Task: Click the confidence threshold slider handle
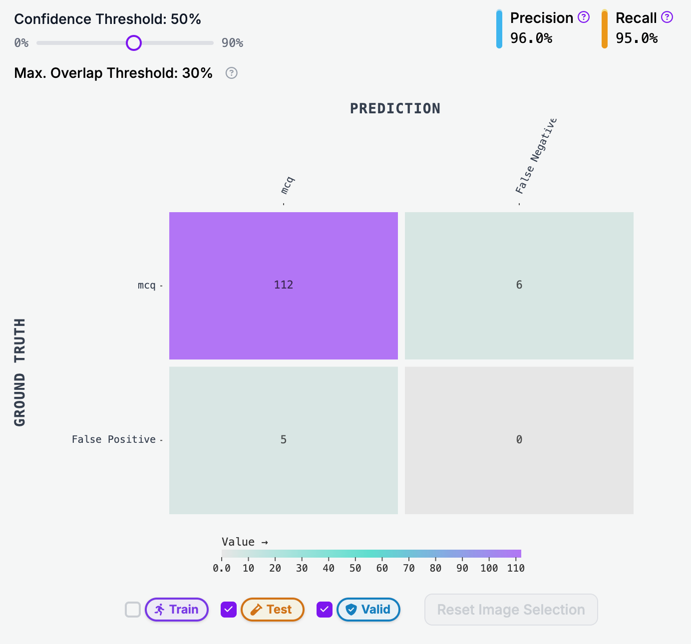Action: pyautogui.click(x=134, y=43)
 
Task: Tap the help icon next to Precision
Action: pyautogui.click(x=584, y=17)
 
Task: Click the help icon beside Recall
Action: pyautogui.click(x=667, y=17)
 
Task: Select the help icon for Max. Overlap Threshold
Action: pyautogui.click(x=231, y=73)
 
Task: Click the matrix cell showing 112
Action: pyautogui.click(x=284, y=285)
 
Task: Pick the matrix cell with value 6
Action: pyautogui.click(x=519, y=285)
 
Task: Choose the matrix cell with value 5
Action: pyautogui.click(x=284, y=440)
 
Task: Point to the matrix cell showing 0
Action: pyautogui.click(x=519, y=440)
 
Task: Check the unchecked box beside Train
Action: pyautogui.click(x=133, y=610)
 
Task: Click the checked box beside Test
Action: pyautogui.click(x=229, y=610)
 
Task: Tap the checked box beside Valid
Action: pyautogui.click(x=325, y=610)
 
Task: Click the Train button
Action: pyautogui.click(x=177, y=610)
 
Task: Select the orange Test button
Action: pyautogui.click(x=273, y=610)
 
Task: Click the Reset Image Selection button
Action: pyautogui.click(x=511, y=610)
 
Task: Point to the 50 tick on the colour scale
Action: pyautogui.click(x=355, y=568)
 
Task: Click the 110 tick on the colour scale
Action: pyautogui.click(x=516, y=568)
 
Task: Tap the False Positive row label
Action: pyautogui.click(x=114, y=439)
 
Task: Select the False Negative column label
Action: pyautogui.click(x=536, y=156)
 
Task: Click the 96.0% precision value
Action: pyautogui.click(x=531, y=38)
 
